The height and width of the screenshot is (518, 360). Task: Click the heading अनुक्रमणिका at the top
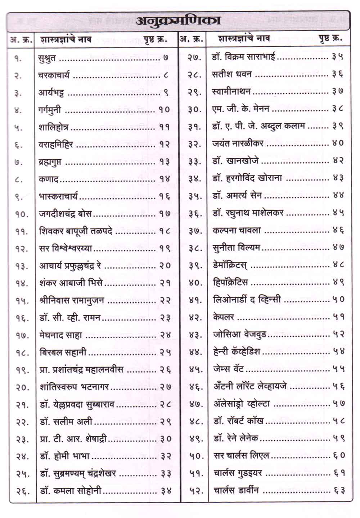(x=178, y=21)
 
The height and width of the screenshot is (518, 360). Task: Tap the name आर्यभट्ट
(x=51, y=93)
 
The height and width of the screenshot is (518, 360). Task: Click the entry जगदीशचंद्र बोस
(x=65, y=214)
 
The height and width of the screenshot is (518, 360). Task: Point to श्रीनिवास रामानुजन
(x=72, y=300)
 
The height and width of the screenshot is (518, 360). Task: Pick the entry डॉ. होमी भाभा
(x=64, y=456)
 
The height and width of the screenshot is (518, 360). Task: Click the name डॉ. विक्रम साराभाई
(x=244, y=57)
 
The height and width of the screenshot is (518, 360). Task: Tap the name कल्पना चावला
(x=237, y=230)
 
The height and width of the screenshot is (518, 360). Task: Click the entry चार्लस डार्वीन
(x=236, y=490)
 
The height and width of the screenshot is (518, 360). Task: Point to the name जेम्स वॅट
(x=229, y=369)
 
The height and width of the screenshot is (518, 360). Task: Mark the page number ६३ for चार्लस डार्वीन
(x=338, y=490)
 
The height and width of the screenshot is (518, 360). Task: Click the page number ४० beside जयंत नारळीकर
(x=338, y=143)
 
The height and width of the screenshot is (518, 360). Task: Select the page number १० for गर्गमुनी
(x=164, y=109)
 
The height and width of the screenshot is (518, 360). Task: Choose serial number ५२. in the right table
(x=196, y=490)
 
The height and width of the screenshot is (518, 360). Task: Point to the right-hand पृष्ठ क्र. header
(x=330, y=38)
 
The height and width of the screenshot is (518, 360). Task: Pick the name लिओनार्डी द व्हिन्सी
(x=247, y=299)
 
